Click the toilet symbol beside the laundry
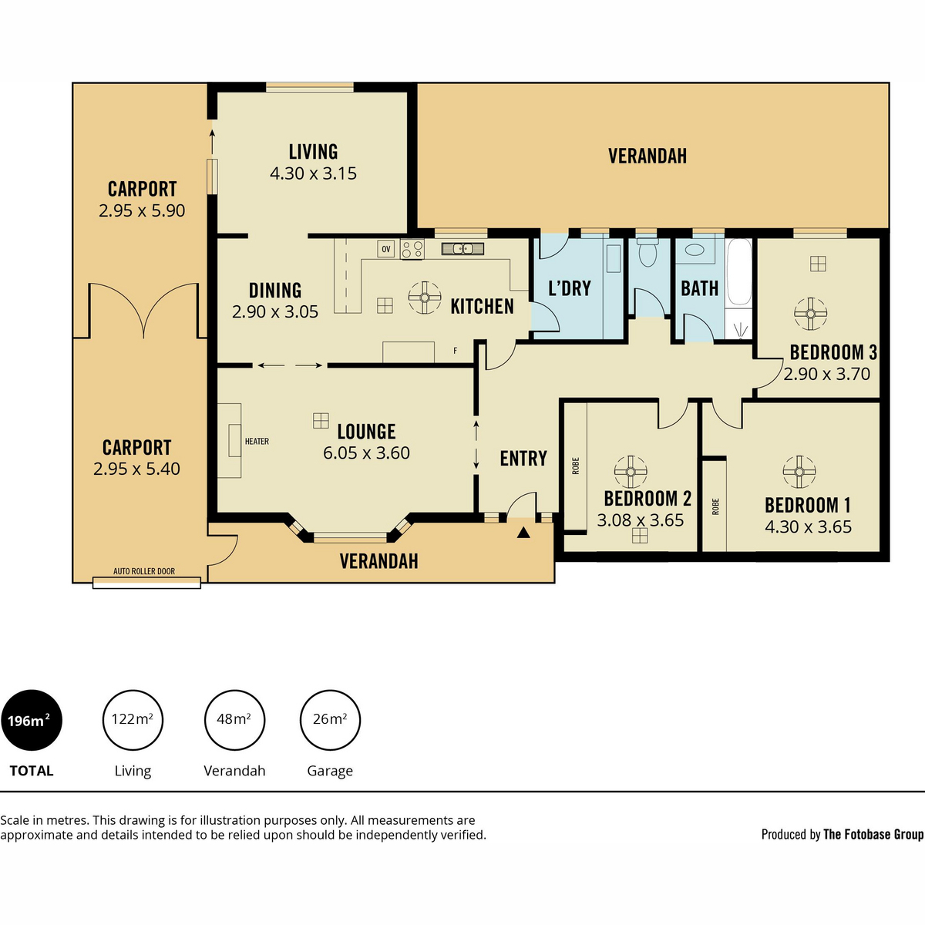coord(647,251)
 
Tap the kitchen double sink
coord(462,249)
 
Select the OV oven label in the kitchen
coord(386,249)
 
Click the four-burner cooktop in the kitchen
coord(412,249)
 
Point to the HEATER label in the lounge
coord(257,441)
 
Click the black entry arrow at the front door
coord(523,532)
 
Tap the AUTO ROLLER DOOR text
coord(144,571)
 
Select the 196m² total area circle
coord(32,720)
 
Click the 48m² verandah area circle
coord(234,720)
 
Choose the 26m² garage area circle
coord(330,720)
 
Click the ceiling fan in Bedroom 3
coord(810,314)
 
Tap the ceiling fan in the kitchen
coord(425,297)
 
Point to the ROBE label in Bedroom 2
coord(576,466)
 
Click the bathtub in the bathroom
coord(738,272)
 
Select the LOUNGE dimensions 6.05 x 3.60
coord(366,452)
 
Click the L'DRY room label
coord(570,288)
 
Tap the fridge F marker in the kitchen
coord(455,351)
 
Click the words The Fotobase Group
coord(873,834)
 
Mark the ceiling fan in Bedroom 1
coord(799,472)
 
